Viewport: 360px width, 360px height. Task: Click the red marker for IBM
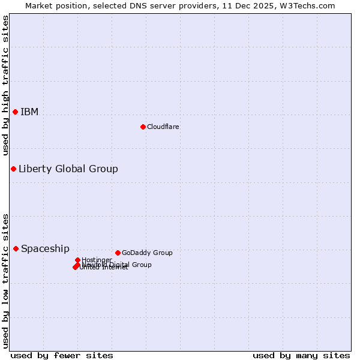[x=15, y=112]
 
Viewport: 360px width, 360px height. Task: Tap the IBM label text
[x=29, y=112]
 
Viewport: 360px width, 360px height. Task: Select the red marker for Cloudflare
[x=143, y=127]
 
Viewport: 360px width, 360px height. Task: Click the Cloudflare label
[x=163, y=127]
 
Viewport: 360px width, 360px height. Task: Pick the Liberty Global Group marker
[x=13, y=169]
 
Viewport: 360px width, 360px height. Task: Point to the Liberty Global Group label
[x=68, y=169]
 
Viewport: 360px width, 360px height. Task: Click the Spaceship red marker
[x=16, y=248]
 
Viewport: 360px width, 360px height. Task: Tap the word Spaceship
[x=45, y=249]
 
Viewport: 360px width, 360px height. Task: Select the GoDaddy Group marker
[x=118, y=253]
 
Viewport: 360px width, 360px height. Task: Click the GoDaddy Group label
[x=147, y=253]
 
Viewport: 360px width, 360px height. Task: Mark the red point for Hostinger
[x=77, y=260]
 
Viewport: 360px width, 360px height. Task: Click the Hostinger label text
[x=97, y=260]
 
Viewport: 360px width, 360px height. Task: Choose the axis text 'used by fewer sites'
[x=62, y=355]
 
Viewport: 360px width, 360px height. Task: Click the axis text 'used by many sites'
[x=301, y=355]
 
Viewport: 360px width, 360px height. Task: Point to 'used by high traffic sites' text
[x=6, y=85]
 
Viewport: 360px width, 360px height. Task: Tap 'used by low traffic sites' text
[x=6, y=280]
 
